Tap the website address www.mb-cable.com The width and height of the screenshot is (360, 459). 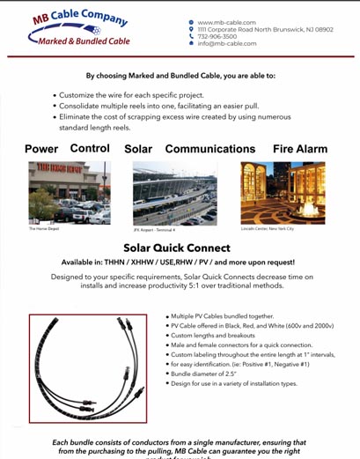(x=226, y=22)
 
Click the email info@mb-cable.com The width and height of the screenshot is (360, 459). (x=226, y=43)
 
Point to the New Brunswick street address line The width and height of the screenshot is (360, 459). (x=265, y=29)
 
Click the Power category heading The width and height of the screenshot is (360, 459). (x=41, y=149)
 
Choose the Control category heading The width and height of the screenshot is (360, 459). (x=90, y=148)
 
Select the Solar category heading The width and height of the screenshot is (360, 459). (x=138, y=149)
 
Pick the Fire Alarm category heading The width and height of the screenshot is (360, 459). (x=299, y=149)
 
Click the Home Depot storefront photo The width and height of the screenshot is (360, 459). (x=70, y=192)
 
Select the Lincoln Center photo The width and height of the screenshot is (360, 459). (x=283, y=192)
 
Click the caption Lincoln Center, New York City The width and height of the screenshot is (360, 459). (x=268, y=228)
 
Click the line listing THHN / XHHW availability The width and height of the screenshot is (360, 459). (x=178, y=263)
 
